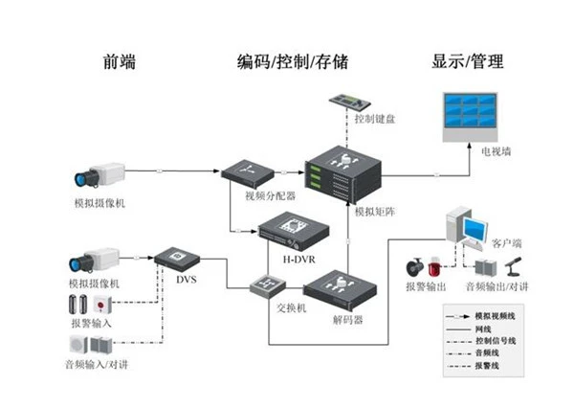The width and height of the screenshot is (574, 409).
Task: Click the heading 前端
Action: click(119, 62)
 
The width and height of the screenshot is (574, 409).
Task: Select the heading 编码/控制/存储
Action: click(292, 62)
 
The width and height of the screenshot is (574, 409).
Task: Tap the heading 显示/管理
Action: click(468, 62)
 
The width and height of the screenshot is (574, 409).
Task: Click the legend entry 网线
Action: click(486, 327)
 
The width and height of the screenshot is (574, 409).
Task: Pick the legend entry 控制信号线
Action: click(496, 339)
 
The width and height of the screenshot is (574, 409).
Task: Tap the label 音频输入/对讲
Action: click(99, 365)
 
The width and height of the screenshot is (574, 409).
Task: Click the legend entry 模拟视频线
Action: click(496, 314)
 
